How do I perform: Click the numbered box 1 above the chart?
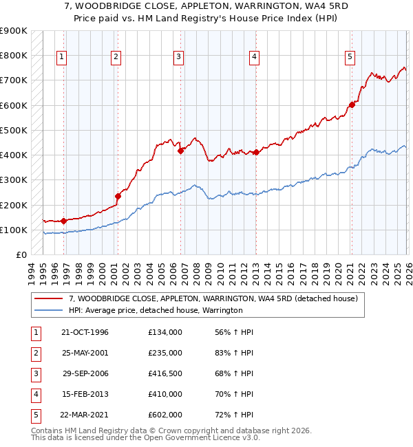pyautogui.click(x=63, y=56)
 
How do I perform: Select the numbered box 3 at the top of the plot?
pyautogui.click(x=178, y=56)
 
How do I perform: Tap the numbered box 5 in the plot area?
pyautogui.click(x=350, y=56)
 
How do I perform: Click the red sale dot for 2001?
pyautogui.click(x=118, y=196)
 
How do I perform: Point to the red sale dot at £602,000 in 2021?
pyautogui.click(x=352, y=105)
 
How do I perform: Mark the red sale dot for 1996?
pyautogui.click(x=63, y=221)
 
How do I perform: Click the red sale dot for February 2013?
pyautogui.click(x=255, y=152)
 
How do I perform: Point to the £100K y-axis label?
pyautogui.click(x=14, y=230)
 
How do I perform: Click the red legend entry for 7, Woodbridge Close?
pyautogui.click(x=213, y=299)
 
